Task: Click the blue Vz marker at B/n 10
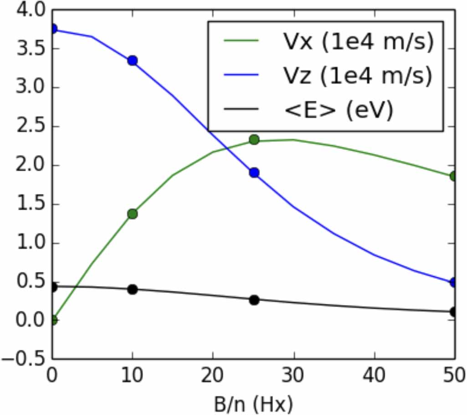pos(133,61)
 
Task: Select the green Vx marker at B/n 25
pos(254,139)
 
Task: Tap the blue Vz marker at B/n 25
pos(254,172)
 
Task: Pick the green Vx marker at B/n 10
pos(133,214)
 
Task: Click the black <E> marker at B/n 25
pos(254,300)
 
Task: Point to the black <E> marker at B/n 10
pos(133,289)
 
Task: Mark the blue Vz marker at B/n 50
pos(454,282)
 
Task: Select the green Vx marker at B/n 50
pos(454,176)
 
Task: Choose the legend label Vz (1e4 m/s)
pos(355,76)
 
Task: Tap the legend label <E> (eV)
pos(337,110)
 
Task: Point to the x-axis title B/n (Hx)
pos(253,402)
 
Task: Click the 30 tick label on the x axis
pos(293,377)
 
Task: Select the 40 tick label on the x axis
pos(374,377)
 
